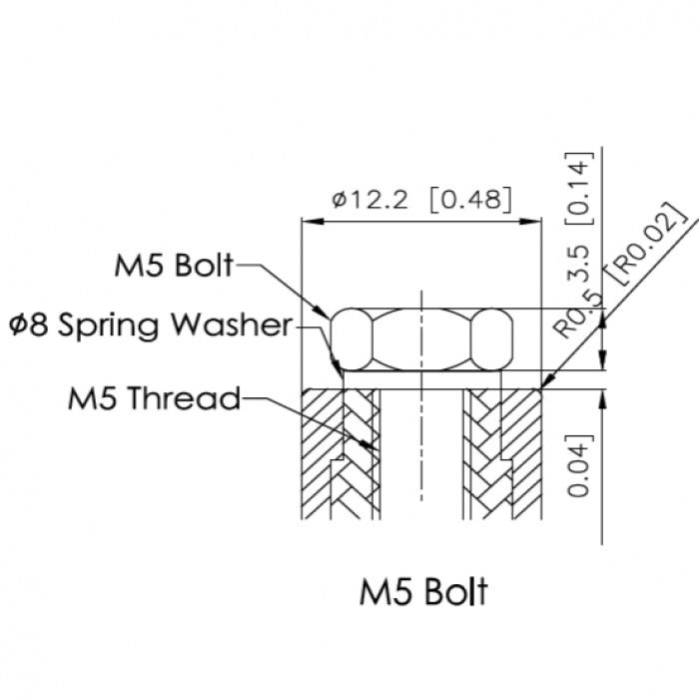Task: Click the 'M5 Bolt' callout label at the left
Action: pos(174,266)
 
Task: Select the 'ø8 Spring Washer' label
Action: pos(151,325)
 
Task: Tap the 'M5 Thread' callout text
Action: pos(154,398)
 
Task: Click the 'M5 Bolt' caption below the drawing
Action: pos(423,591)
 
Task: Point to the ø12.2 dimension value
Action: pos(370,200)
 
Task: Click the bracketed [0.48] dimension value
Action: pos(470,200)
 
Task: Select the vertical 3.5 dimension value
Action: pos(580,263)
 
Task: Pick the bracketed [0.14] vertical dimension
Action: pos(580,189)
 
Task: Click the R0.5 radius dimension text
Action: pos(578,316)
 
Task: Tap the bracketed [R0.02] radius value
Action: pos(646,243)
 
